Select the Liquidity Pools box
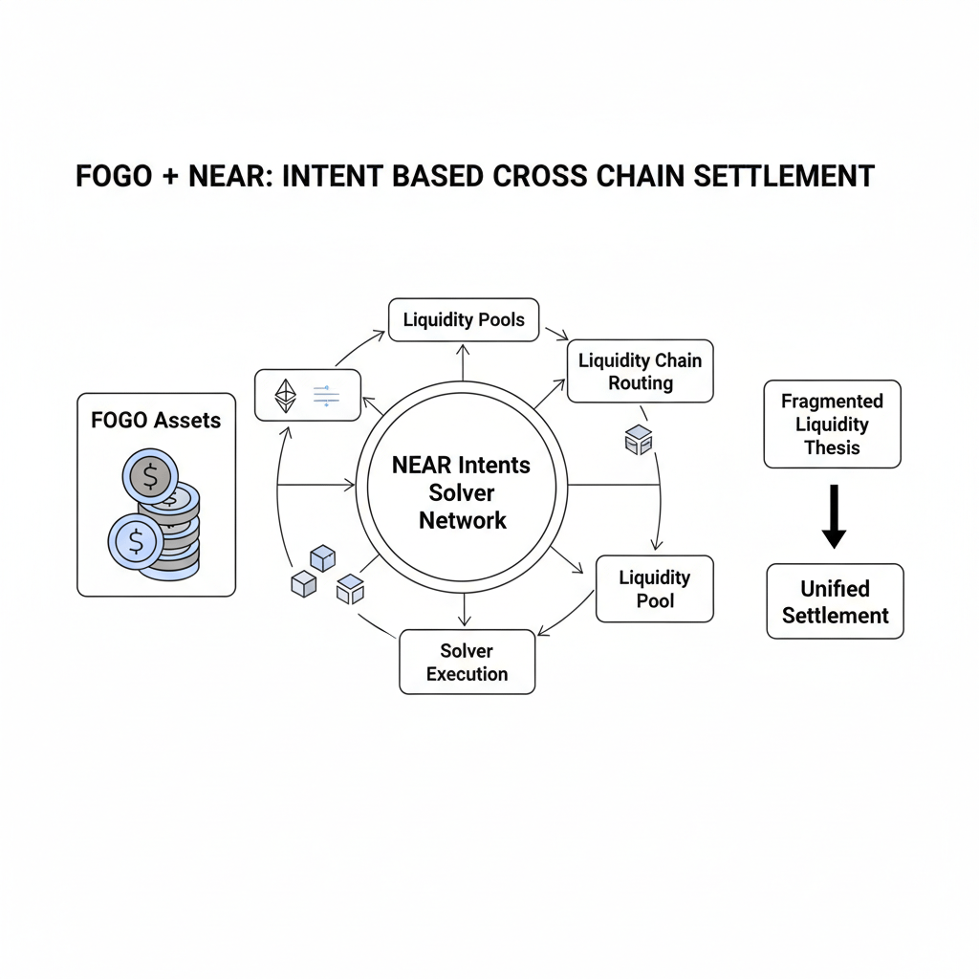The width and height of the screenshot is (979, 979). click(464, 320)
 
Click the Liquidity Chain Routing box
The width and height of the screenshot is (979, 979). click(640, 372)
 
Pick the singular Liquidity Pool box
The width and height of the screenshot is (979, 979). click(654, 589)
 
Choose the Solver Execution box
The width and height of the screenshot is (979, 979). click(467, 662)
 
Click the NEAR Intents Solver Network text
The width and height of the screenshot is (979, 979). click(462, 492)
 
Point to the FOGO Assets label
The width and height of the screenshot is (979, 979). click(156, 420)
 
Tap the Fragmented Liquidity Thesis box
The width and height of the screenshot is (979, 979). click(832, 424)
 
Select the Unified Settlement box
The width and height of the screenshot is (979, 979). click(835, 601)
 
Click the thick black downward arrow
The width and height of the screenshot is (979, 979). click(834, 516)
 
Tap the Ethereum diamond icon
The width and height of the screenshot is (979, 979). click(286, 395)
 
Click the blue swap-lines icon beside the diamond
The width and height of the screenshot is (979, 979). click(326, 395)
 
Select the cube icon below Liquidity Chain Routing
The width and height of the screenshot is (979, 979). click(638, 440)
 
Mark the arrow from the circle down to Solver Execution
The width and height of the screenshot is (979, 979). click(464, 610)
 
